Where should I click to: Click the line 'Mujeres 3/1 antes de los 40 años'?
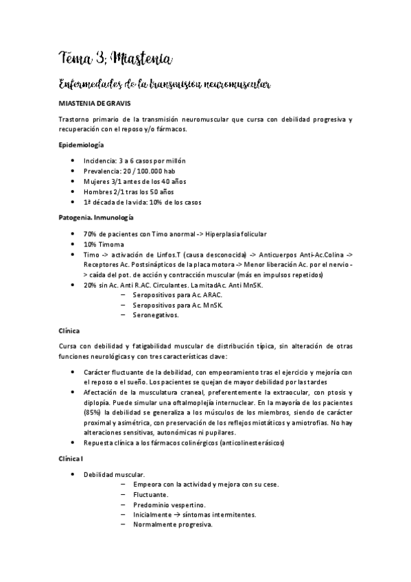pyautogui.click(x=135, y=181)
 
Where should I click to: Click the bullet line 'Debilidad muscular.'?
pyautogui.click(x=113, y=474)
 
